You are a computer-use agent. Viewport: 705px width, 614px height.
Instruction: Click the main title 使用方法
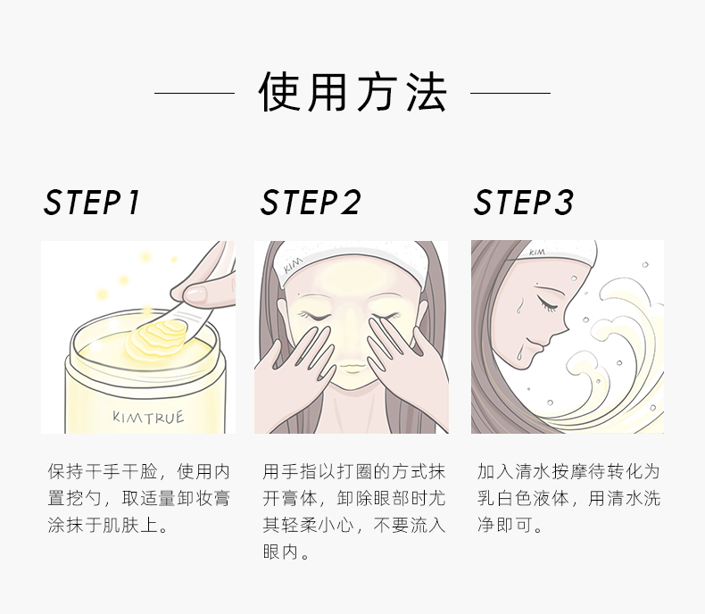(353, 92)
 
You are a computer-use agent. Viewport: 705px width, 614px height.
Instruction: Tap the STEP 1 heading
(92, 203)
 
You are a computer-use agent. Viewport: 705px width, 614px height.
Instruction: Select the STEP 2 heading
(311, 203)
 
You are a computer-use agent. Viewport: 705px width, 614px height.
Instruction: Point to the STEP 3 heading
(523, 203)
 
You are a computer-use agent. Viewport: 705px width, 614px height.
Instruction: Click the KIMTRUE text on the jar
(148, 417)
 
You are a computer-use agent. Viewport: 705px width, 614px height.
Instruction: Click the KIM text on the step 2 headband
(293, 266)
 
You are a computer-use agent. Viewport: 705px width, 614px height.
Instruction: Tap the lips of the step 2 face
(351, 369)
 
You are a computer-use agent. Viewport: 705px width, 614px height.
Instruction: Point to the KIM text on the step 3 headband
(537, 253)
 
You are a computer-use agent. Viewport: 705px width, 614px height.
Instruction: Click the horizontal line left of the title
(195, 93)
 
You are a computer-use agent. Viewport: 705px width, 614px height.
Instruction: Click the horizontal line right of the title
(510, 93)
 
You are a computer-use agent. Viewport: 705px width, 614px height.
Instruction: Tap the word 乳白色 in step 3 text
(505, 499)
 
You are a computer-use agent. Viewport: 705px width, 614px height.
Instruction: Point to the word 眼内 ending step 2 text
(281, 552)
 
